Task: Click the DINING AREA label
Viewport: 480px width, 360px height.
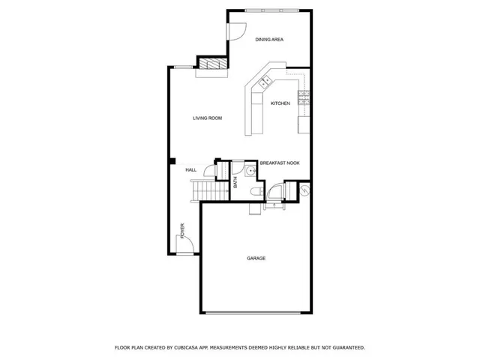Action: (x=269, y=39)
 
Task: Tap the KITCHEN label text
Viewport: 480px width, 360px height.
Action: (x=280, y=103)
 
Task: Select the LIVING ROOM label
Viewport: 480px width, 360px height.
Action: (x=207, y=118)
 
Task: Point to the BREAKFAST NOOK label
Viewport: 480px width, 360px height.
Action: (x=280, y=163)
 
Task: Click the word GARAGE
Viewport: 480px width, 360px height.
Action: (x=256, y=258)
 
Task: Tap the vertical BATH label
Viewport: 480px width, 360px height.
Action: (x=235, y=182)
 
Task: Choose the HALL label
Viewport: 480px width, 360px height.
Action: (x=191, y=170)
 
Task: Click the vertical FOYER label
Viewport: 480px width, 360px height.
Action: (x=182, y=229)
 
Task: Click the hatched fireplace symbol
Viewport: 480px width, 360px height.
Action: (x=211, y=64)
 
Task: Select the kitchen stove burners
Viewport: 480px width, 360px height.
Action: (x=304, y=96)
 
